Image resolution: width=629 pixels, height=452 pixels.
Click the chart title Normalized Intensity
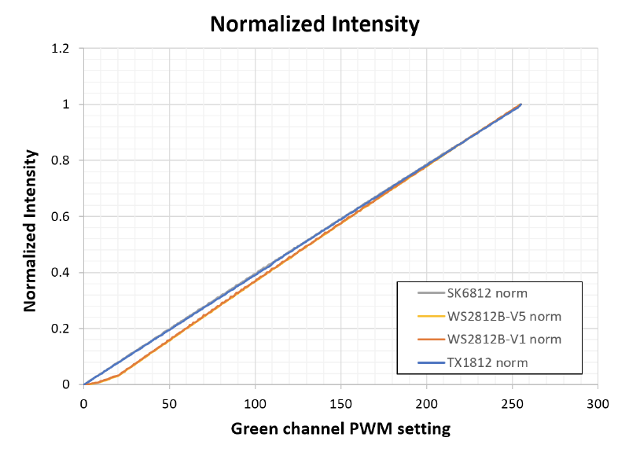(x=314, y=24)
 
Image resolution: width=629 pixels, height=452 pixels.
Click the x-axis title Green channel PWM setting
(x=340, y=429)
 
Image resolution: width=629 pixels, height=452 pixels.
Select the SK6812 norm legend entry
(x=481, y=294)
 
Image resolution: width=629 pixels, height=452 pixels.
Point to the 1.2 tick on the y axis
(x=61, y=49)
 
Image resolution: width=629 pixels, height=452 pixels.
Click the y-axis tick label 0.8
(x=61, y=161)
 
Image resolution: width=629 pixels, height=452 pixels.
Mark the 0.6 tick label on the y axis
(x=61, y=217)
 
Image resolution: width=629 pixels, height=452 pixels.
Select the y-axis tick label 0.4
(x=61, y=273)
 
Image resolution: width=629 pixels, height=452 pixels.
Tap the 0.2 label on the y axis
(x=61, y=329)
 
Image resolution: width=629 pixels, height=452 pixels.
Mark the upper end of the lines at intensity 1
(x=520, y=105)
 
